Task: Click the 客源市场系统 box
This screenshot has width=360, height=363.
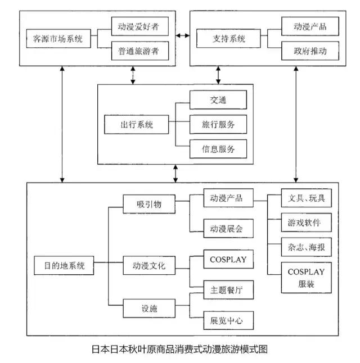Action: (x=58, y=39)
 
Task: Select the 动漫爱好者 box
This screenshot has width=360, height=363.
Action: (x=139, y=25)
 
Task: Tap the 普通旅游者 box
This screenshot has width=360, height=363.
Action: (x=139, y=52)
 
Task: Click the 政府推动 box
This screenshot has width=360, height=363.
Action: (x=310, y=52)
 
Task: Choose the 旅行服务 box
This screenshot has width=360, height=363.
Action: (x=218, y=124)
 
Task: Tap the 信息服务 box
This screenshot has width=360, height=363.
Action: (x=218, y=149)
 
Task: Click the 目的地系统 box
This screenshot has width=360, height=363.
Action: (x=60, y=265)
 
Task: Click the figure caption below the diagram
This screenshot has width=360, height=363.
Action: (x=179, y=349)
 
